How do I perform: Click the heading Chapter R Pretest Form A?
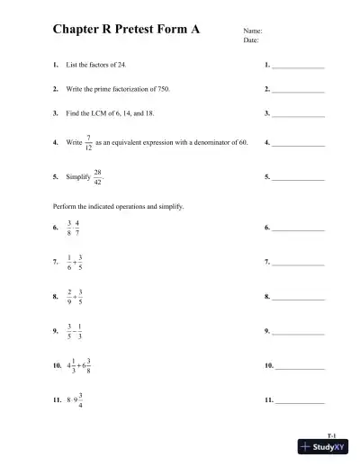click(126, 30)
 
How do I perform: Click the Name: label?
click(253, 31)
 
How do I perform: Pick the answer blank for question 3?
click(298, 115)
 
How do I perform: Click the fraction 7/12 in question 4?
click(88, 142)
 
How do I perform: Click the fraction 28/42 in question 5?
click(97, 177)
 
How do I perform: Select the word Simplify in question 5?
click(78, 177)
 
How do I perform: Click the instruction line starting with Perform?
click(119, 206)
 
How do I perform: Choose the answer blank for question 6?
click(298, 229)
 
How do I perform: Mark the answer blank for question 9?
click(298, 334)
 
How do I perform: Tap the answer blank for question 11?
click(298, 400)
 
